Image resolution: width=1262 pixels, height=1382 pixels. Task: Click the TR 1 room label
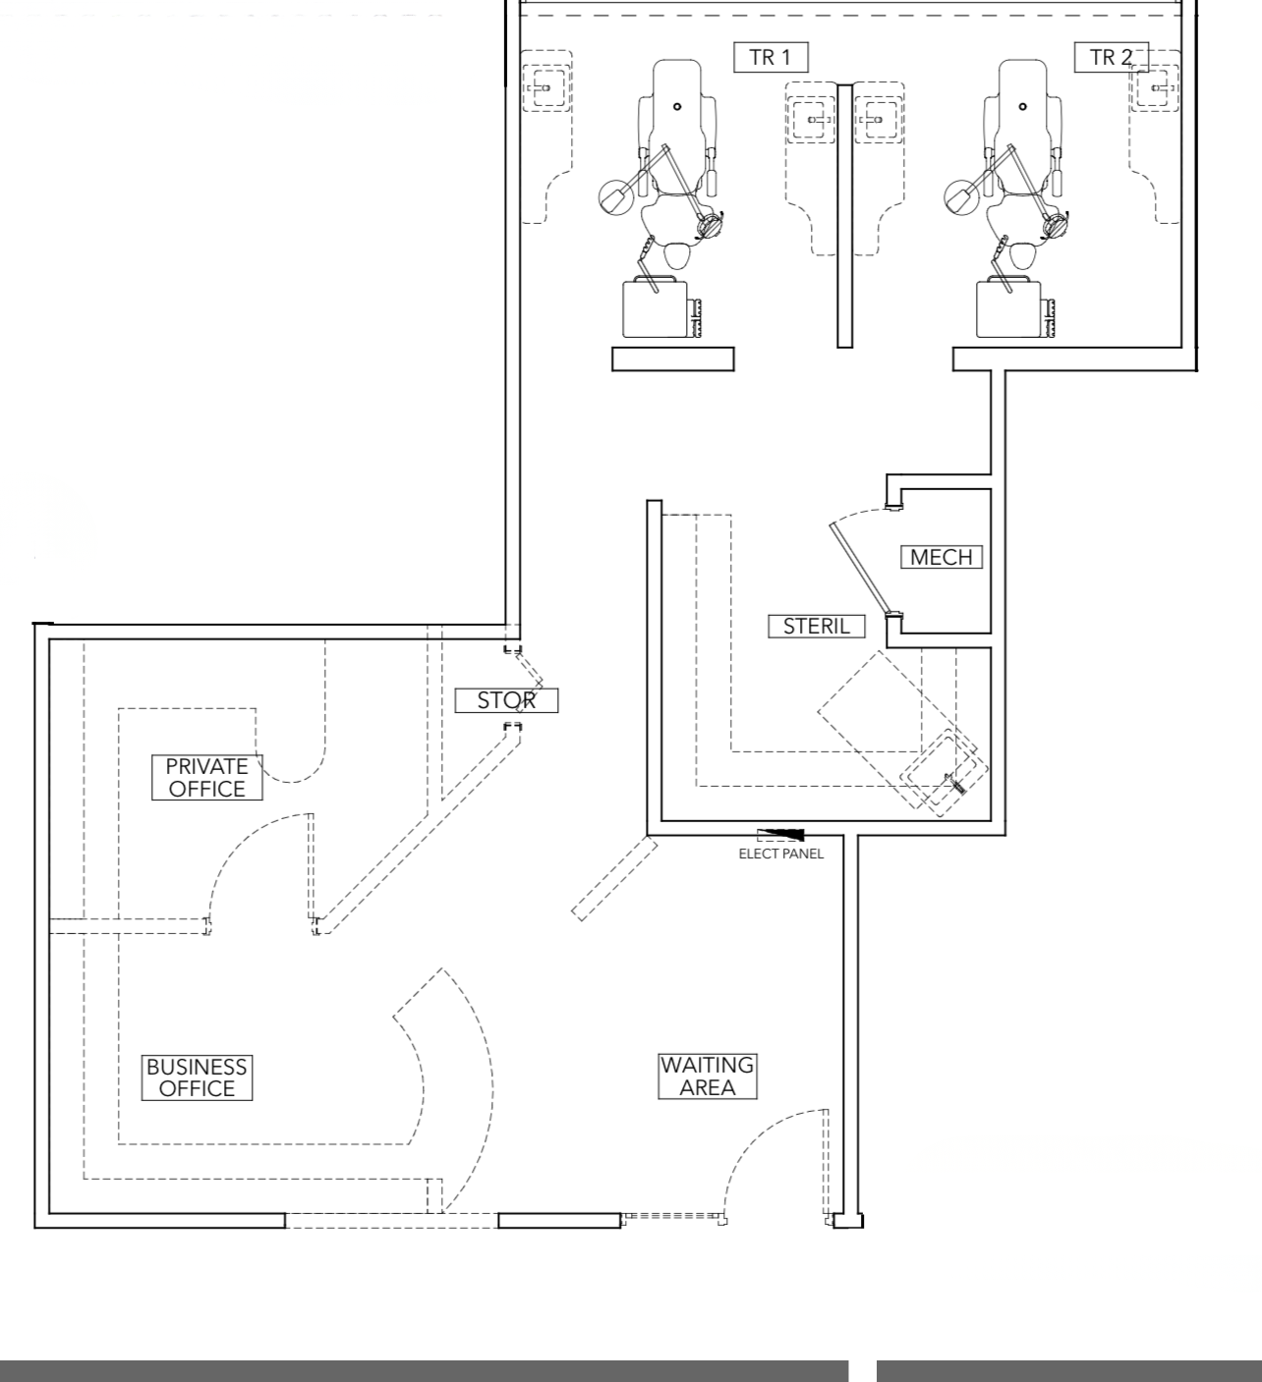771,57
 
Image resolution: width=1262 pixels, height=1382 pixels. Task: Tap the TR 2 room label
1111,57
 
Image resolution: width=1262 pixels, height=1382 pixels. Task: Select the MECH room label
942,557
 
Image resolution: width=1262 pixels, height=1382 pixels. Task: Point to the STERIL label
817,626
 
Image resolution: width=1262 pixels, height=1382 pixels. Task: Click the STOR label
506,700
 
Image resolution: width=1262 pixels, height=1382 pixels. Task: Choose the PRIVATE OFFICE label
206,777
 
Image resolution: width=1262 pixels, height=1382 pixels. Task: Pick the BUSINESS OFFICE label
197,1078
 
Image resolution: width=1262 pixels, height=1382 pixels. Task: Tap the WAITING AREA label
708,1077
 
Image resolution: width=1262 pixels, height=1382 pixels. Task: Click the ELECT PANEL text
781,855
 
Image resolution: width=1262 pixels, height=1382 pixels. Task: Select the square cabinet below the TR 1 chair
656,308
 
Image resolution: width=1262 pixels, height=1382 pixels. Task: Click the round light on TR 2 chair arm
960,197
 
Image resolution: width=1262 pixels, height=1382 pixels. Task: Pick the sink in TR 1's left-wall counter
545,87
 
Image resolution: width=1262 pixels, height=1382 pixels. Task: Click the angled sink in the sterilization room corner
944,773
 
